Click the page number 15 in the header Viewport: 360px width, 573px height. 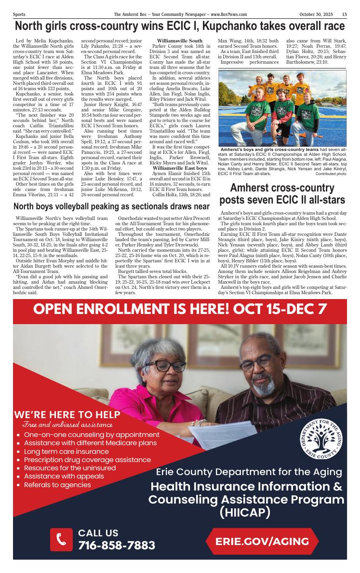click(345, 14)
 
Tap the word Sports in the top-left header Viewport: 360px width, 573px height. click(19, 14)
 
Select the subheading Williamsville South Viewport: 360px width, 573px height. click(180, 41)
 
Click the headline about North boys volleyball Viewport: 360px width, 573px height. click(112, 206)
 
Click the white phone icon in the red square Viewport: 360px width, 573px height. click(61, 539)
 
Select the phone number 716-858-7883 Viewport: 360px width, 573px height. click(117, 546)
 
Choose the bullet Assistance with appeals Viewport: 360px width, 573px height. click(64, 476)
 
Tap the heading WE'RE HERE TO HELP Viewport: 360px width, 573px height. click(67, 414)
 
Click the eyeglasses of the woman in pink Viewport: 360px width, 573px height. click(165, 365)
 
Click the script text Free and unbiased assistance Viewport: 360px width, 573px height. click(67, 424)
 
